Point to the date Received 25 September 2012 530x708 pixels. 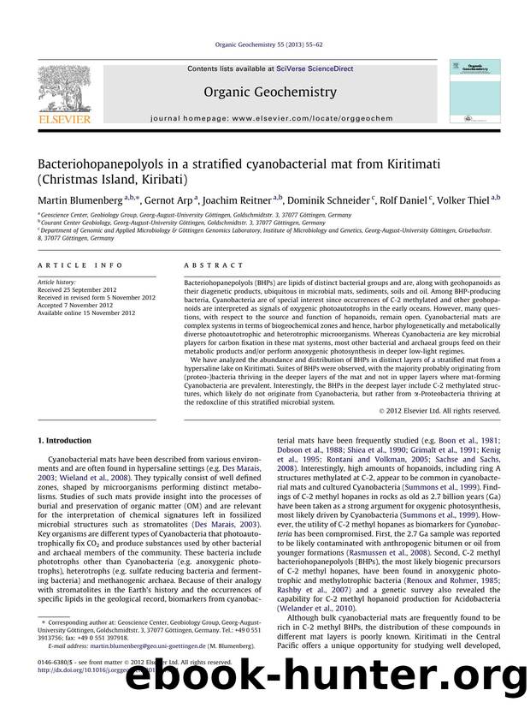pyautogui.click(x=76, y=289)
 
